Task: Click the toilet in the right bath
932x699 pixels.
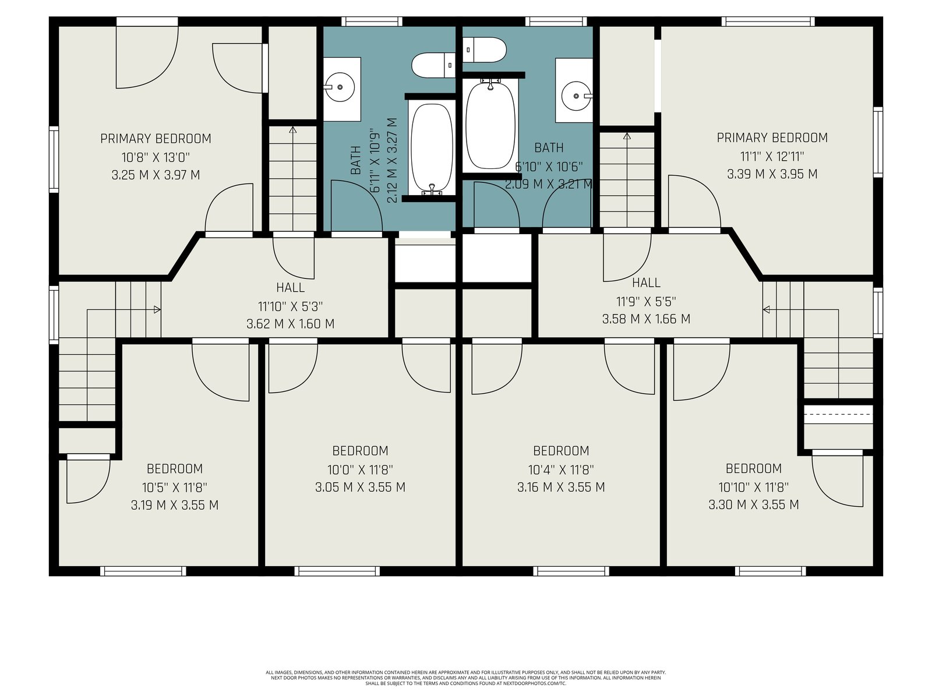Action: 485,50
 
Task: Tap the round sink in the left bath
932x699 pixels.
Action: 339,87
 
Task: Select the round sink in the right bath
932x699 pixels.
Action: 577,96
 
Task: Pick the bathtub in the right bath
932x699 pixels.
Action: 490,125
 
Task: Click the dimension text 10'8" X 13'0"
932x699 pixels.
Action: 156,157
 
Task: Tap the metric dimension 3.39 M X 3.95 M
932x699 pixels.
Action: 772,174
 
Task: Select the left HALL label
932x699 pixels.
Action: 291,288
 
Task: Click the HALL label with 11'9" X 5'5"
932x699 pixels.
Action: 646,283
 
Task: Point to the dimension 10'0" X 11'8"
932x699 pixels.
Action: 360,470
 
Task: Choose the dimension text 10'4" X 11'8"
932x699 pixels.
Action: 561,470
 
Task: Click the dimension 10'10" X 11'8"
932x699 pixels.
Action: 753,487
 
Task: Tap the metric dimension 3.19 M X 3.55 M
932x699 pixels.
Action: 175,505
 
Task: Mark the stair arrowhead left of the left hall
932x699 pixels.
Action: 157,310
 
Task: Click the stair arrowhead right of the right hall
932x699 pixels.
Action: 767,310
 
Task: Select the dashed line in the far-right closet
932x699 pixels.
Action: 838,414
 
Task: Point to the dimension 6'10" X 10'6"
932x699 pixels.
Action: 549,167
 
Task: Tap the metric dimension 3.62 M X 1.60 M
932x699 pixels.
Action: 291,324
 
